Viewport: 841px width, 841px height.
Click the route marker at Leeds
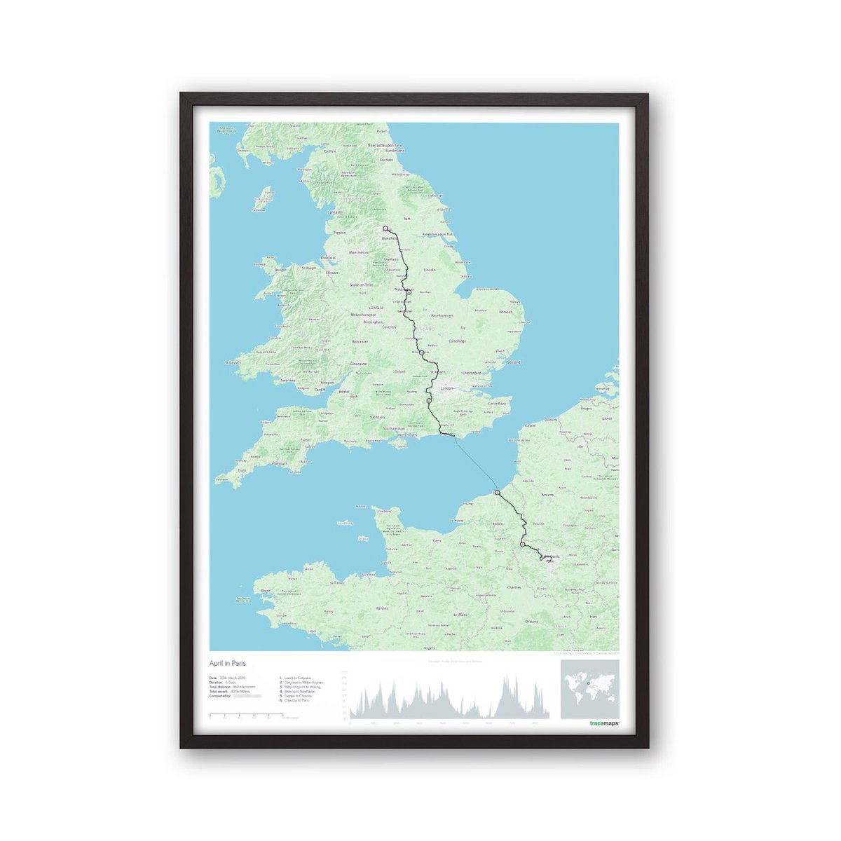[x=385, y=228]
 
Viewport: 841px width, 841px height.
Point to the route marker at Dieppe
[x=497, y=493]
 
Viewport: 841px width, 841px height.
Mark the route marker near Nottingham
[x=409, y=293]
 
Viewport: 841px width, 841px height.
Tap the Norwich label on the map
[x=506, y=312]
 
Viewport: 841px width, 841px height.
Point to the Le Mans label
[x=460, y=615]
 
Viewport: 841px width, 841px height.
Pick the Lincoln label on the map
[x=430, y=270]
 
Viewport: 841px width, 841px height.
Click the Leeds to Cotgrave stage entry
[x=297, y=678]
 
